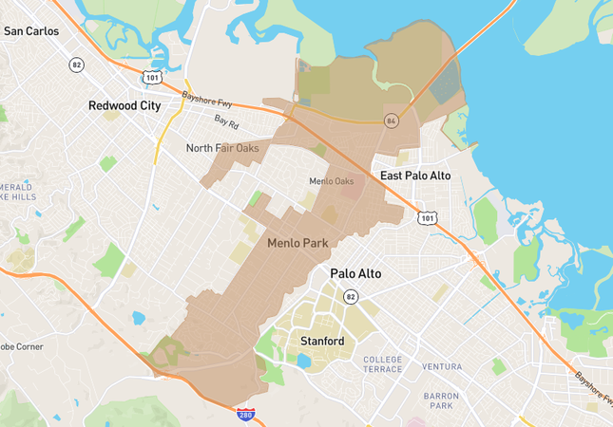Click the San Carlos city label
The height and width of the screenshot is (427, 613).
(x=31, y=31)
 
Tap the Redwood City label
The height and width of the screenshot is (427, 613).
(x=125, y=106)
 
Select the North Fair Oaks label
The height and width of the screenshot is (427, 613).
(x=222, y=148)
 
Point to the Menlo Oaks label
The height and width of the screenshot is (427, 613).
(x=331, y=181)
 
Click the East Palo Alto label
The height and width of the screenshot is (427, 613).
(x=415, y=176)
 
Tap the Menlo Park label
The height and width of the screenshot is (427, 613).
(x=297, y=243)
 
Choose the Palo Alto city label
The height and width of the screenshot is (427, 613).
(x=355, y=273)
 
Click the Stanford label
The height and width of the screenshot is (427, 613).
(x=321, y=340)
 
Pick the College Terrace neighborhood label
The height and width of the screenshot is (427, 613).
(x=383, y=365)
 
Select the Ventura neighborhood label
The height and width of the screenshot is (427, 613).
(x=442, y=366)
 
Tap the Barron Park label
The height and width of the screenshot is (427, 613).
(x=443, y=400)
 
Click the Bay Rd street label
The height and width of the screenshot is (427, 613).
(x=226, y=121)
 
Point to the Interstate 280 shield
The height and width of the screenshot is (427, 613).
(x=245, y=414)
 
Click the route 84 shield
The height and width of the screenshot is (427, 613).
(x=391, y=121)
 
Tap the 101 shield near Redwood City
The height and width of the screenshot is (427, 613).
(x=152, y=76)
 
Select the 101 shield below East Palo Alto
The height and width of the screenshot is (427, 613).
(x=427, y=219)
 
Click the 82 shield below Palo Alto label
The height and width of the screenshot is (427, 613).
(x=350, y=297)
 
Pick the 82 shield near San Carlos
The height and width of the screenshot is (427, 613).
(x=76, y=65)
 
